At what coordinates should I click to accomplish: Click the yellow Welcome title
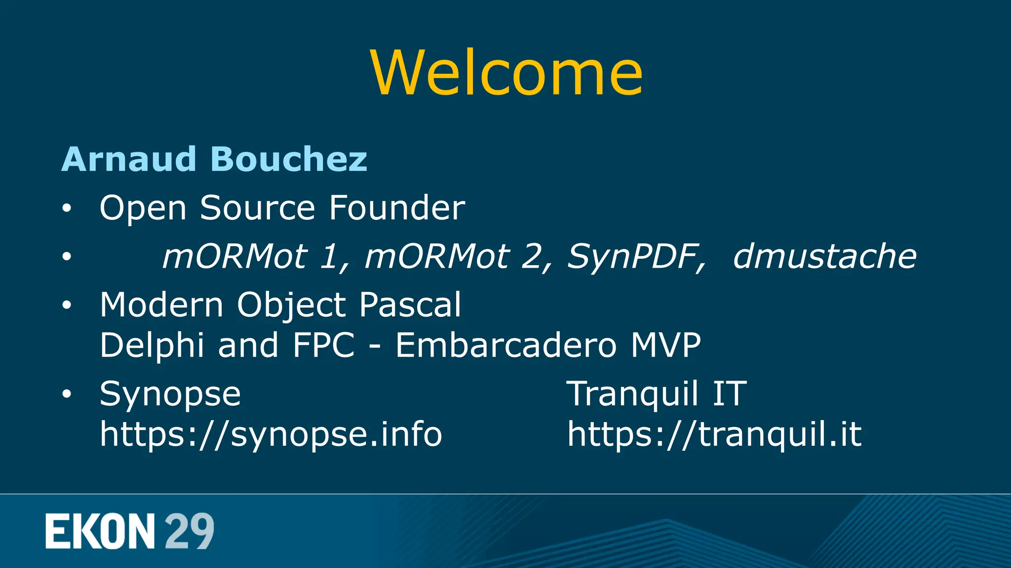click(x=506, y=73)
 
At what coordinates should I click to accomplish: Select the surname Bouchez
click(x=289, y=159)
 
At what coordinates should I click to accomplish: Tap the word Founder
click(x=396, y=208)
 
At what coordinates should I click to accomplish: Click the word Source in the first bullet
click(x=257, y=208)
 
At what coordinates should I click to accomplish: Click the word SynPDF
click(x=636, y=256)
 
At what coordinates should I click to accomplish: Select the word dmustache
click(x=824, y=256)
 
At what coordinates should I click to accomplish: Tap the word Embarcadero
click(x=506, y=345)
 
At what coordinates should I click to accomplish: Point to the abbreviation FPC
click(x=323, y=345)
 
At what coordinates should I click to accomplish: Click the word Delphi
click(x=152, y=345)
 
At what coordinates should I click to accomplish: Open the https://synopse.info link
click(x=271, y=434)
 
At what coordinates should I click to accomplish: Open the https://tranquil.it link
click(x=714, y=434)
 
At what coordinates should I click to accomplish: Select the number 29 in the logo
click(x=189, y=531)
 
